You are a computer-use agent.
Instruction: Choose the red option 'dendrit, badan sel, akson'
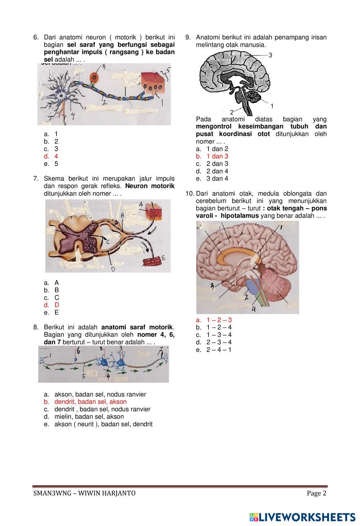tap(90, 402)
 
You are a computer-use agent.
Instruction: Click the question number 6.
tap(36, 37)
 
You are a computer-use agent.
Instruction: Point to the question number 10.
tap(189, 194)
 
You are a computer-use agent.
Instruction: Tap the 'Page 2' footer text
tap(316, 493)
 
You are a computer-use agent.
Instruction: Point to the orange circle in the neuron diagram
tap(94, 78)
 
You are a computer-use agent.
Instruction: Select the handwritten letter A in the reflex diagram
tap(141, 205)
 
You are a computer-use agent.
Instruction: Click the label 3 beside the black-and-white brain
tap(270, 55)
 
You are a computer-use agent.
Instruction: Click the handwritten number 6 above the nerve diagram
tap(78, 350)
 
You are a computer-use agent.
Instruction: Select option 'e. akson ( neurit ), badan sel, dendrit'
tap(103, 424)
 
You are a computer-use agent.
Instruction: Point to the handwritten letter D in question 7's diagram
tap(113, 269)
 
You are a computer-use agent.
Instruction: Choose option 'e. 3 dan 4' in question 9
tap(217, 178)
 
